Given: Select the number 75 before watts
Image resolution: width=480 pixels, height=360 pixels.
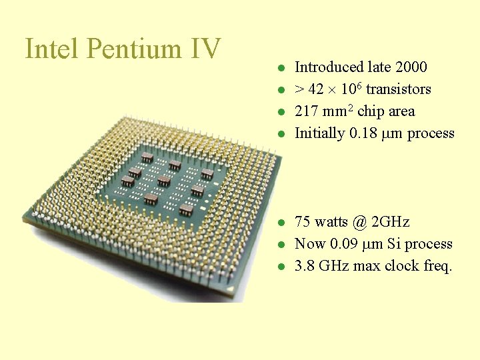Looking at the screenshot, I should (x=303, y=222).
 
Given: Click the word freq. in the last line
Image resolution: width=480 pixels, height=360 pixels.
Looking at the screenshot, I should (x=437, y=266).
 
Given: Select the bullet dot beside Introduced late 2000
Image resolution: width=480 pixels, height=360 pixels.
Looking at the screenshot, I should (x=282, y=68).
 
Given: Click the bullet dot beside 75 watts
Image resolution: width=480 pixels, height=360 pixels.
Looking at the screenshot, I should (x=282, y=223).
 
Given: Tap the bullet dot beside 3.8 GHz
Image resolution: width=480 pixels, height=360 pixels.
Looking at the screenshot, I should (x=282, y=267).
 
